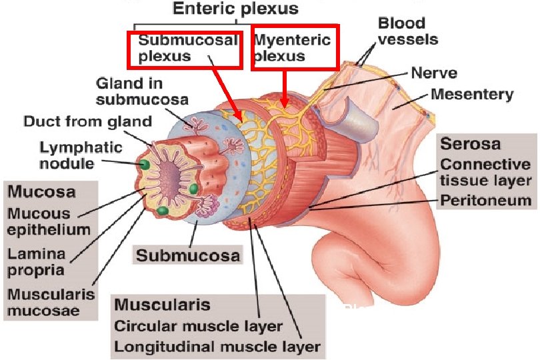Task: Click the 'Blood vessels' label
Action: click(407, 31)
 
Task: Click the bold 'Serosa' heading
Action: click(470, 144)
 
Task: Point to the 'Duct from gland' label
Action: click(87, 122)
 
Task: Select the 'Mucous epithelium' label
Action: click(48, 222)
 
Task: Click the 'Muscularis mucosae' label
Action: click(50, 301)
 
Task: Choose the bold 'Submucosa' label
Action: click(188, 255)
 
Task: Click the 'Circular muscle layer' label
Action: click(198, 327)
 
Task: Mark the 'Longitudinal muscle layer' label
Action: click(217, 347)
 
